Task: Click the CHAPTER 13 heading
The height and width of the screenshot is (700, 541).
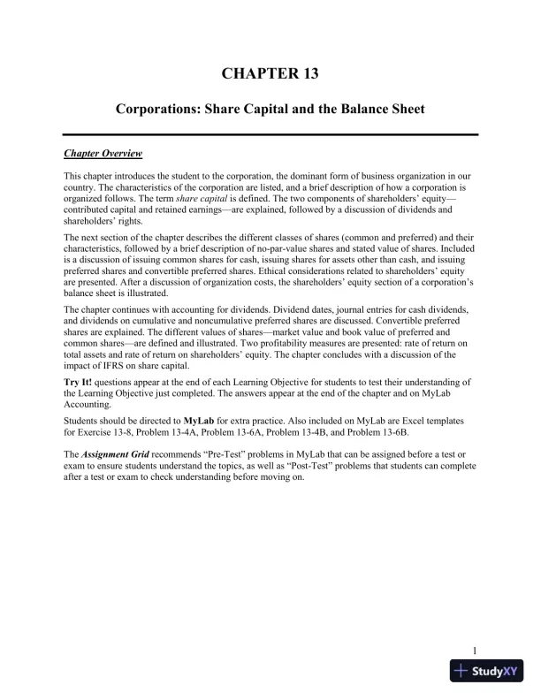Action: click(x=270, y=73)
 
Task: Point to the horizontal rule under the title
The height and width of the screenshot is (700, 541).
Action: click(x=270, y=133)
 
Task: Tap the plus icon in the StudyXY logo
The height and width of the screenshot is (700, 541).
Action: click(x=461, y=671)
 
